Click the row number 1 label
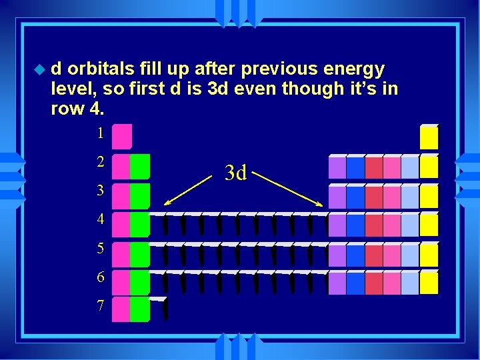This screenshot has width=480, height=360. pyautogui.click(x=100, y=133)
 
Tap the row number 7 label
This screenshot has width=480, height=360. pyautogui.click(x=100, y=306)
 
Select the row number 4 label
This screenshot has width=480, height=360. pyautogui.click(x=100, y=219)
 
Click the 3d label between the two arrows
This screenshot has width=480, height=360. pyautogui.click(x=236, y=173)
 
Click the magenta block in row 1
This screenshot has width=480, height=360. pyautogui.click(x=121, y=136)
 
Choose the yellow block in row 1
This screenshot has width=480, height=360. pyautogui.click(x=429, y=137)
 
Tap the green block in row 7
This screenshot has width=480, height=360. pyautogui.click(x=139, y=310)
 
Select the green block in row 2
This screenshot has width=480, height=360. pyautogui.click(x=139, y=167)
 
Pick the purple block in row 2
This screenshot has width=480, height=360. pyautogui.click(x=337, y=167)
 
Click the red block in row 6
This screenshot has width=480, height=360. pyautogui.click(x=373, y=283)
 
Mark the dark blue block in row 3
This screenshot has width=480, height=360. pyautogui.click(x=355, y=196)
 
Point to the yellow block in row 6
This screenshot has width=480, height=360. pyautogui.click(x=429, y=283)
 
